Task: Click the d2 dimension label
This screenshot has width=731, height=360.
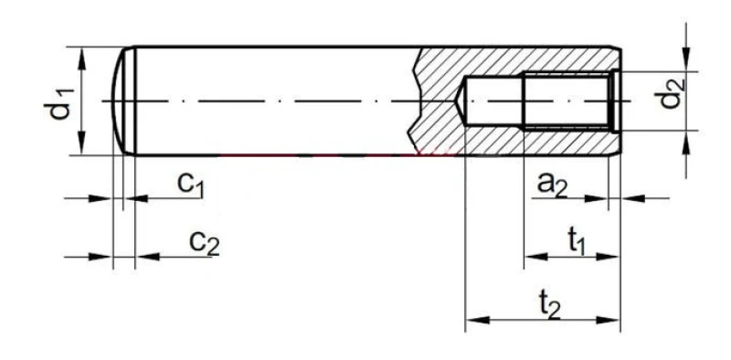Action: pos(670,94)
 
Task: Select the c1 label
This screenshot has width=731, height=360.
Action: pos(191,185)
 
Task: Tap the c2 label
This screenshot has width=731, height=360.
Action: pos(204,243)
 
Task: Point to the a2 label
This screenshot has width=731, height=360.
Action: pos(552,185)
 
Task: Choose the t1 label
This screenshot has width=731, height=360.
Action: pos(577,243)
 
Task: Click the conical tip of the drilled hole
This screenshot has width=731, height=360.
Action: pos(460,101)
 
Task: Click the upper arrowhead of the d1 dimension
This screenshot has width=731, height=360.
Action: pos(82,58)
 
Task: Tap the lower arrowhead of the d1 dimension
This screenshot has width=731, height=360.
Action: pos(82,143)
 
